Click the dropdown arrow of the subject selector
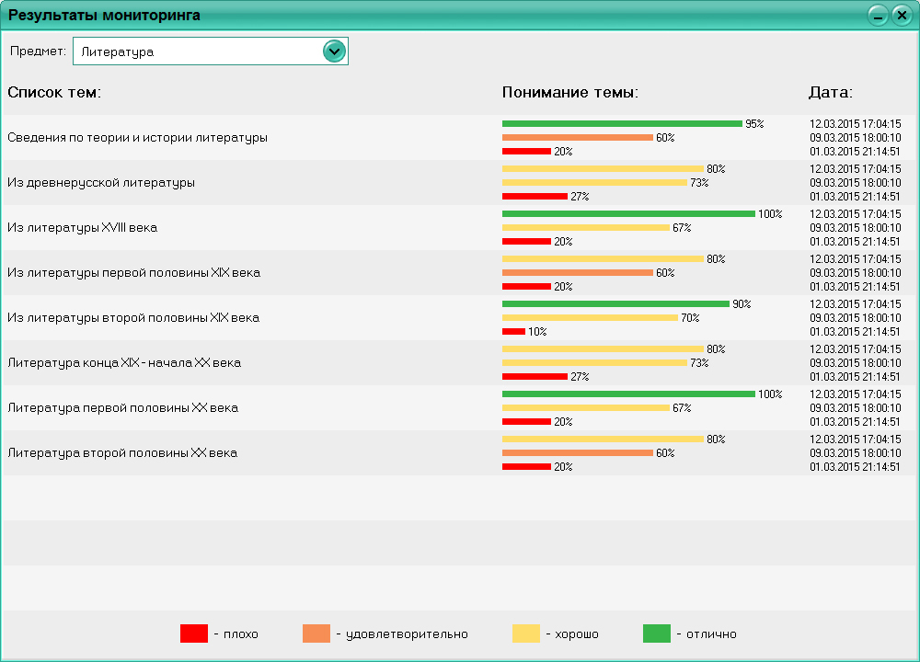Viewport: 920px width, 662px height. click(334, 51)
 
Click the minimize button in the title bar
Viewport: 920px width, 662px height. click(879, 16)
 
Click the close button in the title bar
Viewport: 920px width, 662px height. click(901, 16)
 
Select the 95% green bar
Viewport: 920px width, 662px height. click(622, 123)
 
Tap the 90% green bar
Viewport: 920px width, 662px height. click(615, 303)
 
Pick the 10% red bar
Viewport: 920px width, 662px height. click(513, 331)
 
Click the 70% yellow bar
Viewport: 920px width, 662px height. click(590, 317)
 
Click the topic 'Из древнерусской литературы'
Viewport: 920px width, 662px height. click(101, 183)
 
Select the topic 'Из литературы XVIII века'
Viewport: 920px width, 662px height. click(83, 228)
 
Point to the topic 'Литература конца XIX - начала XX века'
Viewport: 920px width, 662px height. click(124, 363)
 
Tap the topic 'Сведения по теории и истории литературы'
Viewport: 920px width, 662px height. click(138, 138)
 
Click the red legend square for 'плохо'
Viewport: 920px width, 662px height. click(194, 633)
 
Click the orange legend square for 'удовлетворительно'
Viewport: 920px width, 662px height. click(316, 633)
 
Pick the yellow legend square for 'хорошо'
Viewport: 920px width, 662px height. click(526, 633)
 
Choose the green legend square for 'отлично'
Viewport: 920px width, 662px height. click(657, 633)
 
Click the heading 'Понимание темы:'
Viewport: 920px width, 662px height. click(570, 93)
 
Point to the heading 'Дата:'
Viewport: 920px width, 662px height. click(831, 93)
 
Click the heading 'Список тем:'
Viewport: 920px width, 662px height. click(54, 93)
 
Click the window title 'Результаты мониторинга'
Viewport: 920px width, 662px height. click(105, 16)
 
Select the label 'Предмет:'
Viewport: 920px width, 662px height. click(38, 51)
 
